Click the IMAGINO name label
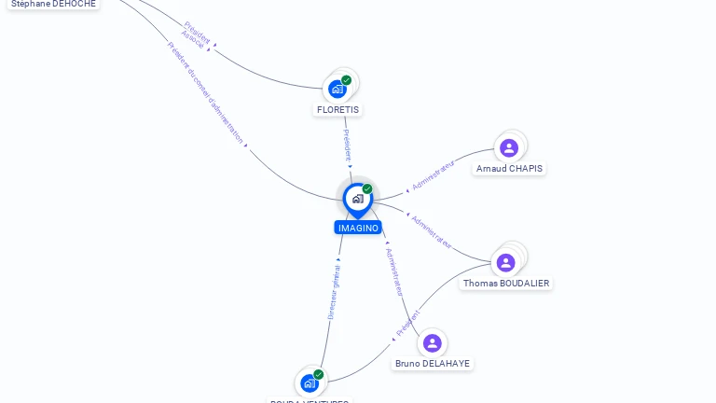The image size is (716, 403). [358, 228]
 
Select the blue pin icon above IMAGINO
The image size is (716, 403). [357, 199]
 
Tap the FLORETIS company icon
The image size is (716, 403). [337, 90]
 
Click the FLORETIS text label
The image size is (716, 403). [337, 109]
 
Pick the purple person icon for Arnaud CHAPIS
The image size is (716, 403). [509, 147]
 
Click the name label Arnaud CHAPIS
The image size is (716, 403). [509, 169]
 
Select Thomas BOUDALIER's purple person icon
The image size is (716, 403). [505, 262]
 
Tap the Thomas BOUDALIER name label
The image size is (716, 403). [506, 283]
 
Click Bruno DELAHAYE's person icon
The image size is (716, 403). [432, 343]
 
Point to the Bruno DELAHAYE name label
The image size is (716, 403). [433, 364]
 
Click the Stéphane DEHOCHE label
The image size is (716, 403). [53, 4]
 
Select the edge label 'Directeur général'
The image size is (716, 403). [334, 292]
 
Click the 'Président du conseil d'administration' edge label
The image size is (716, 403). [207, 93]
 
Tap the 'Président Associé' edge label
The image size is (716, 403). [195, 34]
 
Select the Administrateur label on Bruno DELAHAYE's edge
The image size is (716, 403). [394, 271]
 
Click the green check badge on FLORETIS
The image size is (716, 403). [347, 80]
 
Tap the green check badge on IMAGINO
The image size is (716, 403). [367, 188]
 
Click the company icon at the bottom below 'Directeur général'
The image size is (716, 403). [310, 382]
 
